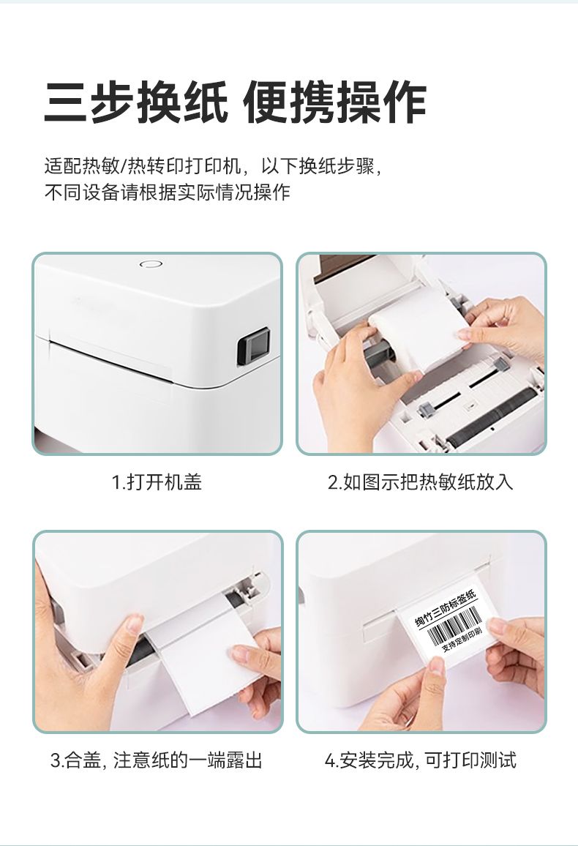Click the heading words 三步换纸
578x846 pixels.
(136, 102)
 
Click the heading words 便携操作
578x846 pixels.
(335, 102)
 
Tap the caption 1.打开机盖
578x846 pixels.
(157, 482)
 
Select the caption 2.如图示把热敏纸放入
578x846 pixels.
(421, 482)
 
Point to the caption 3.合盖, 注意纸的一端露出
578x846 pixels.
(157, 760)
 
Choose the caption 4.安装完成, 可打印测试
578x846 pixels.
(421, 760)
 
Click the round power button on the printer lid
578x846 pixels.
(151, 264)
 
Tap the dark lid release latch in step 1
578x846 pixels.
(253, 346)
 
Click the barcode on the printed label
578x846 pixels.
(457, 627)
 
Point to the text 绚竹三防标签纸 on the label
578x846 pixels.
(446, 609)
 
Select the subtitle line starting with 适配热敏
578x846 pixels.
(214, 165)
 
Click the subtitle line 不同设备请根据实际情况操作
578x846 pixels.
(167, 192)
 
